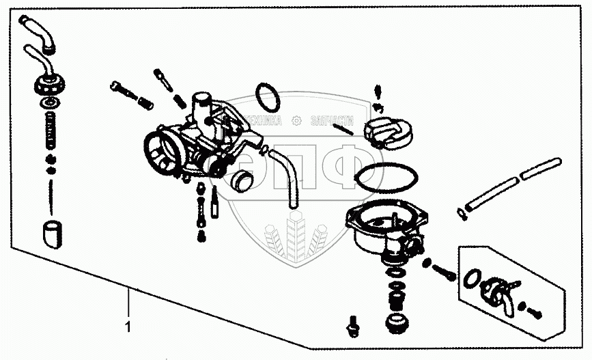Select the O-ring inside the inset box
click(471, 279)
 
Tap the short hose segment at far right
click(550, 168)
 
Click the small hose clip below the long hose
click(462, 217)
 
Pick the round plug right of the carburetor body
click(241, 182)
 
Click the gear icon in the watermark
click(296, 121)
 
